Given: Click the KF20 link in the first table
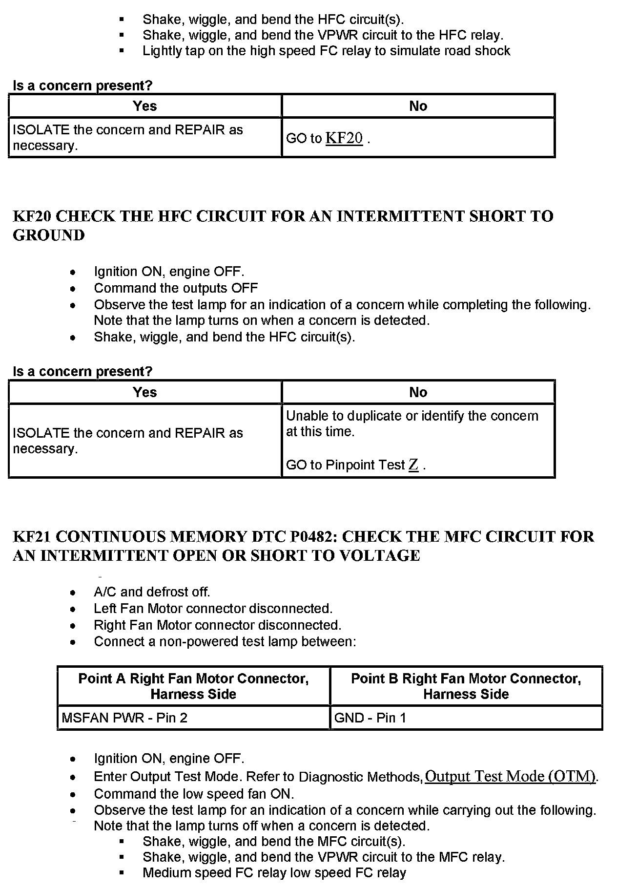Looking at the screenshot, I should (x=344, y=138).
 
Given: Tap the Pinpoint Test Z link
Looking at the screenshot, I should (x=413, y=465).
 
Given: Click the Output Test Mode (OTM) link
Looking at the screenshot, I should (x=511, y=776).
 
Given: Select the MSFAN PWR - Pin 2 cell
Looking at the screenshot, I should (x=124, y=718).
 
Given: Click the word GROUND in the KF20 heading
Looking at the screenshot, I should (x=49, y=235).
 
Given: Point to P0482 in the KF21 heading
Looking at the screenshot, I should (x=310, y=536).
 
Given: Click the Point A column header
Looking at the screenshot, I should (x=193, y=686).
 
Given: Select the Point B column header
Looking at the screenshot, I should (x=466, y=686).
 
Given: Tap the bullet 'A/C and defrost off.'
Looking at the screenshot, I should (x=152, y=592).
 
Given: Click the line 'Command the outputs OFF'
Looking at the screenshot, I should (x=176, y=288).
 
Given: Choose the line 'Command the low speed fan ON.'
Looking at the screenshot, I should (x=194, y=794).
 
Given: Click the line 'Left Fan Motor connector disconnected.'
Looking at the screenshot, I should (x=213, y=609).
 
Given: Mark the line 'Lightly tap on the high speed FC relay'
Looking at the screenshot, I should (x=326, y=51).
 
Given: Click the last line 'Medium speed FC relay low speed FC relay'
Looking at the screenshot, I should (x=274, y=873).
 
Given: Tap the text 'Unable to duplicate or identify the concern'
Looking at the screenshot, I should (x=412, y=416).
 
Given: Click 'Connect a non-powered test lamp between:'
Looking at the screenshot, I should (x=225, y=641).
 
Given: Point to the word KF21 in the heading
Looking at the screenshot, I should (x=32, y=536).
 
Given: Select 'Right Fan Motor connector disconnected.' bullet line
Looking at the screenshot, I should (x=217, y=625).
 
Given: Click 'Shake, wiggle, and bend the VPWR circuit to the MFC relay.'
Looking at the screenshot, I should (x=324, y=857).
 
